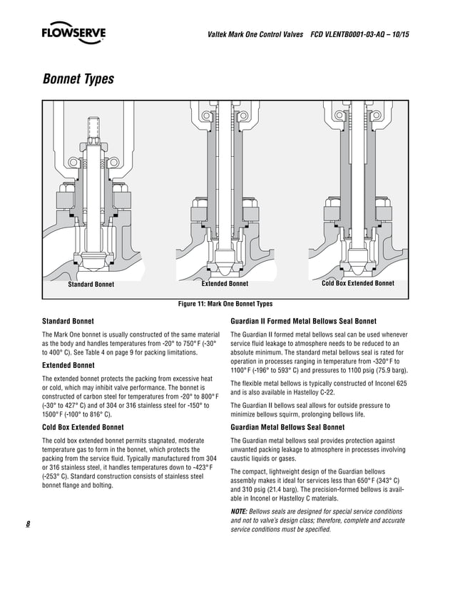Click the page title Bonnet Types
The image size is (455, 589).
pyautogui.click(x=78, y=78)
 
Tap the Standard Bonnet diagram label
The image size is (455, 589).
pyautogui.click(x=91, y=285)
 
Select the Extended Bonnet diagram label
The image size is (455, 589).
pyautogui.click(x=225, y=284)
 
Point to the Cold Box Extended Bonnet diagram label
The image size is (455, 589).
pyautogui.click(x=358, y=283)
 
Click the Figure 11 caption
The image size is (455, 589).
pyautogui.click(x=225, y=304)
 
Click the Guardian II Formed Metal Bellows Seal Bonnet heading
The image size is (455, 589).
pyautogui.click(x=304, y=321)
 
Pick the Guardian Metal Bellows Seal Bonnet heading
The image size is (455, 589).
pyautogui.click(x=288, y=427)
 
